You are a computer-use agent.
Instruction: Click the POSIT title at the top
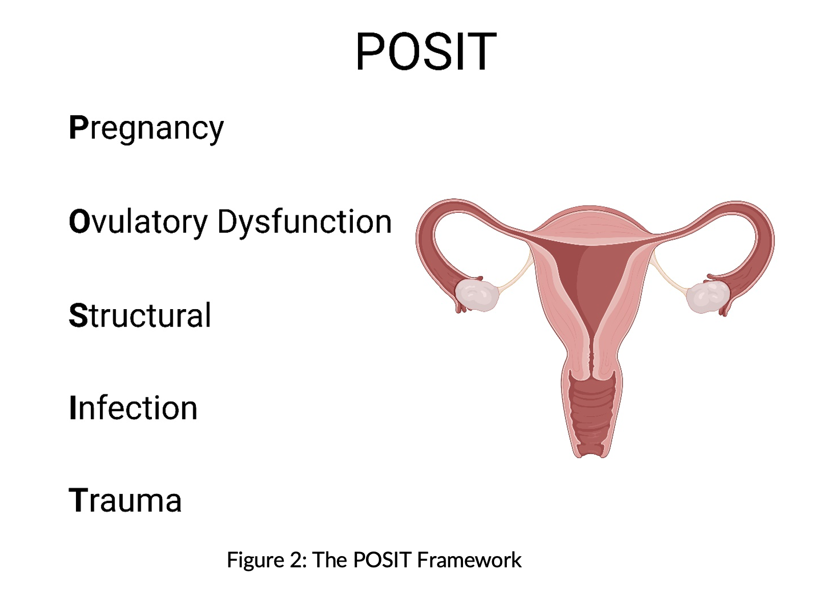click(x=426, y=51)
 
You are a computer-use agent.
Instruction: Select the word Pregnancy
click(x=146, y=128)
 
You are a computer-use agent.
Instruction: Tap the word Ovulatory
click(x=138, y=222)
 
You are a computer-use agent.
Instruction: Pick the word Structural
click(x=140, y=315)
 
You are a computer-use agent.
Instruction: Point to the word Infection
click(x=133, y=408)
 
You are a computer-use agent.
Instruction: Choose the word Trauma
click(x=125, y=500)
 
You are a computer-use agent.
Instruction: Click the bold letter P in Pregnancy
click(x=79, y=127)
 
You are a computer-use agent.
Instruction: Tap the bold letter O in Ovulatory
click(x=80, y=221)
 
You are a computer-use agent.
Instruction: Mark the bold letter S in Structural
click(x=79, y=315)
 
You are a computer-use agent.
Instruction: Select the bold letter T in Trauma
click(x=79, y=499)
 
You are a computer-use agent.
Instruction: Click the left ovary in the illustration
click(x=477, y=295)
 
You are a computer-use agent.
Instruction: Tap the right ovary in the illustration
click(x=708, y=297)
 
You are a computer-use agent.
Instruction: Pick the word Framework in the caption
click(x=470, y=560)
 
